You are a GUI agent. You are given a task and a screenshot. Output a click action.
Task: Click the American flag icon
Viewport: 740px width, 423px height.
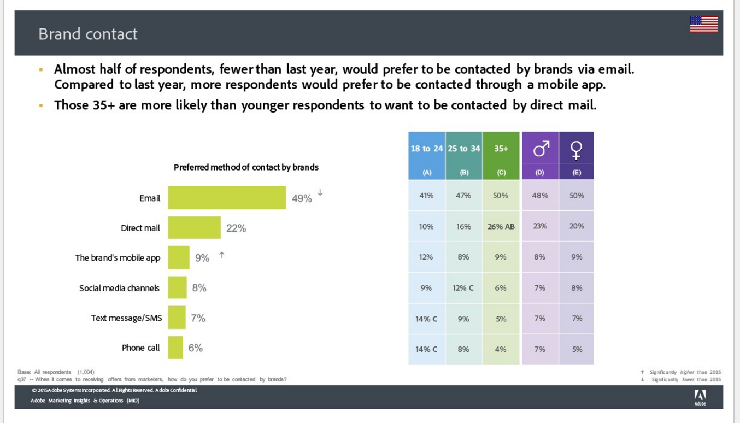(704, 24)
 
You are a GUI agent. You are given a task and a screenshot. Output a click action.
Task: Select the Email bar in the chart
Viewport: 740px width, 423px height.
(227, 198)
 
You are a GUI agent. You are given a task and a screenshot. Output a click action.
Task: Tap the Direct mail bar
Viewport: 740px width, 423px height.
(194, 228)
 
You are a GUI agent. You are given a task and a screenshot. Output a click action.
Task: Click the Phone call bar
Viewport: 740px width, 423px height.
(175, 348)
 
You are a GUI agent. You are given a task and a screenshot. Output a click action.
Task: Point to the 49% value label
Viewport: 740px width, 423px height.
(302, 198)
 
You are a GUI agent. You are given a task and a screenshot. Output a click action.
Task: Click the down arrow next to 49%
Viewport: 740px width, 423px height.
(320, 192)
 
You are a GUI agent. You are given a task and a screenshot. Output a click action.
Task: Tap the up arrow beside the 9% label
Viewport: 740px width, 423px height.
(222, 255)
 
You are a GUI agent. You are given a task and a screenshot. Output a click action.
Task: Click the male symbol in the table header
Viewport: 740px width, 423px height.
(542, 149)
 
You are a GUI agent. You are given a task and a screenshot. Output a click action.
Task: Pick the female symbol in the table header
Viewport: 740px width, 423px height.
(577, 150)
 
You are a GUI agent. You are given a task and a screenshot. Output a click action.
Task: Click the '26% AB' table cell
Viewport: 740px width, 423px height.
(501, 226)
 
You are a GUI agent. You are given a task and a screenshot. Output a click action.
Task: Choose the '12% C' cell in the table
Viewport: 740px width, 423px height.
(463, 288)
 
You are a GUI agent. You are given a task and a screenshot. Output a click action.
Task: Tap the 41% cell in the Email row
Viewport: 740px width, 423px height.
(426, 196)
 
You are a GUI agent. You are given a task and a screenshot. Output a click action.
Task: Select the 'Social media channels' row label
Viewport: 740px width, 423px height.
(119, 288)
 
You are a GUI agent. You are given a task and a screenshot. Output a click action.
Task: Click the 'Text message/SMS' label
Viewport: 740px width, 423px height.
(127, 318)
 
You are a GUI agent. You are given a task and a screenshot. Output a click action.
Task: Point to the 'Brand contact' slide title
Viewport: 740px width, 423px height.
(88, 34)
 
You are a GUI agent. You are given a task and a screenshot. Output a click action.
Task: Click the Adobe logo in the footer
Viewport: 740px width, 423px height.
(700, 397)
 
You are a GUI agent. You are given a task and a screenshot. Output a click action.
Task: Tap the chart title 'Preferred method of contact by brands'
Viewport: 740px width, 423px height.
(246, 167)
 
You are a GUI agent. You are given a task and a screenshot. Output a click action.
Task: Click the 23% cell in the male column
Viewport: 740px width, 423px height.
(540, 226)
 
